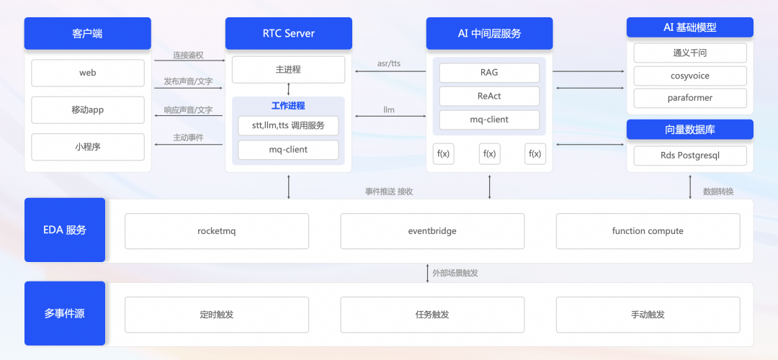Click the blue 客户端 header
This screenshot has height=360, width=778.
pyautogui.click(x=88, y=33)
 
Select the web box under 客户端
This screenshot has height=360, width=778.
pyautogui.click(x=88, y=73)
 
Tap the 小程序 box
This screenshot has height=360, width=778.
pyautogui.click(x=88, y=147)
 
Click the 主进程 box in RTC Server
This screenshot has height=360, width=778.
pyautogui.click(x=288, y=70)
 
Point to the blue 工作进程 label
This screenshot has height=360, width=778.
pyautogui.click(x=288, y=106)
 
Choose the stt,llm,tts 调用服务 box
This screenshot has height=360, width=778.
pyautogui.click(x=288, y=125)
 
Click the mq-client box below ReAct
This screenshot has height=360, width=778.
pyautogui.click(x=489, y=120)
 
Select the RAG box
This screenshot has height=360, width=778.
pyautogui.click(x=489, y=73)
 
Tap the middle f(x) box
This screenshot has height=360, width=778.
pyautogui.click(x=489, y=153)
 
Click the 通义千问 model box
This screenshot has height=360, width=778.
pyautogui.click(x=690, y=53)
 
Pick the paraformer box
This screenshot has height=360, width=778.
pyautogui.click(x=690, y=98)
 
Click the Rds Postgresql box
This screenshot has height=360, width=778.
pyautogui.click(x=690, y=156)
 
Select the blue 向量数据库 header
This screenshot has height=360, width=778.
pyautogui.click(x=690, y=130)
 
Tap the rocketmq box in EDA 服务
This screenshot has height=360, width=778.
pyautogui.click(x=217, y=231)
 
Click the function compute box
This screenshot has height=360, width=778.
pyautogui.click(x=648, y=231)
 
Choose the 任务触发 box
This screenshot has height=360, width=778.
pyautogui.click(x=432, y=315)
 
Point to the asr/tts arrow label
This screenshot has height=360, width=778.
pyautogui.click(x=389, y=63)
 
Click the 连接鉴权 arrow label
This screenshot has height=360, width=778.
pyautogui.click(x=188, y=55)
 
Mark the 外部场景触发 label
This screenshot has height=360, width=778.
pyautogui.click(x=455, y=273)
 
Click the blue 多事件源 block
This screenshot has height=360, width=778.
pyautogui.click(x=65, y=313)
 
